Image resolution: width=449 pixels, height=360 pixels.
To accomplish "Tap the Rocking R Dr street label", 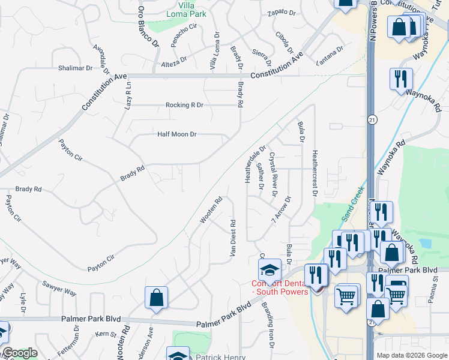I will pyautogui.click(x=185, y=105).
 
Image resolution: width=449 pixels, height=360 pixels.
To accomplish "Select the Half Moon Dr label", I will pyautogui.click(x=177, y=134).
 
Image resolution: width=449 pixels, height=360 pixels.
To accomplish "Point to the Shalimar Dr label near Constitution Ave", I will pyautogui.click(x=75, y=68).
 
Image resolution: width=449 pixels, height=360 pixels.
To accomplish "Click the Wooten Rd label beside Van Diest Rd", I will pyautogui.click(x=211, y=211).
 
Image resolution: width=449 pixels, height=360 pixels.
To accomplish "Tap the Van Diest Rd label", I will pyautogui.click(x=233, y=238).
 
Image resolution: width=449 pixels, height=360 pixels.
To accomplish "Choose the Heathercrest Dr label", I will pyautogui.click(x=313, y=172).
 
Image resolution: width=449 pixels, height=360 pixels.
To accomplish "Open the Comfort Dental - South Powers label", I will pyautogui.click(x=279, y=287).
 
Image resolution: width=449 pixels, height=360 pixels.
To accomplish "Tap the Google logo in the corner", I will pyautogui.click(x=19, y=353).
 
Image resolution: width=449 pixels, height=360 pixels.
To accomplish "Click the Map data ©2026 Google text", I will pyautogui.click(x=411, y=355).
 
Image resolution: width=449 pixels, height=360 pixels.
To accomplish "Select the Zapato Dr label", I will pyautogui.click(x=282, y=13).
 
